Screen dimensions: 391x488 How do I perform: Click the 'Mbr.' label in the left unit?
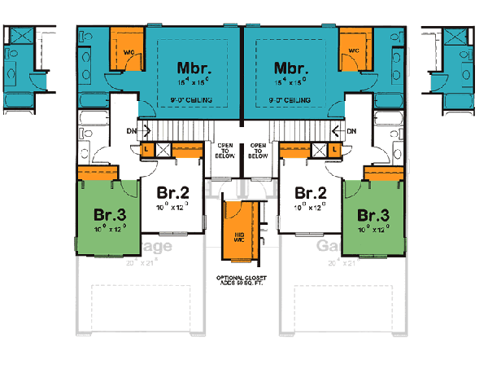click(x=194, y=68)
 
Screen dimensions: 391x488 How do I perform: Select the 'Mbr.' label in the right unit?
click(x=291, y=68)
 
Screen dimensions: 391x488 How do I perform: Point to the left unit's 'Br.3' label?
click(x=108, y=216)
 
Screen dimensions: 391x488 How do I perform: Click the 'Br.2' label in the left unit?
click(x=173, y=194)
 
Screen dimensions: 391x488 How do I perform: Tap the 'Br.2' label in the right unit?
click(x=311, y=194)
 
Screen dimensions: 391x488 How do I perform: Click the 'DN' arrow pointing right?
click(x=141, y=131)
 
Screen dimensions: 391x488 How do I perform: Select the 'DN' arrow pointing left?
click(x=343, y=131)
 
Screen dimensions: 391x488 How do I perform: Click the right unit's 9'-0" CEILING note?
click(x=290, y=99)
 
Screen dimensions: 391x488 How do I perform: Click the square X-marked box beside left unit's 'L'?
click(x=162, y=151)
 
